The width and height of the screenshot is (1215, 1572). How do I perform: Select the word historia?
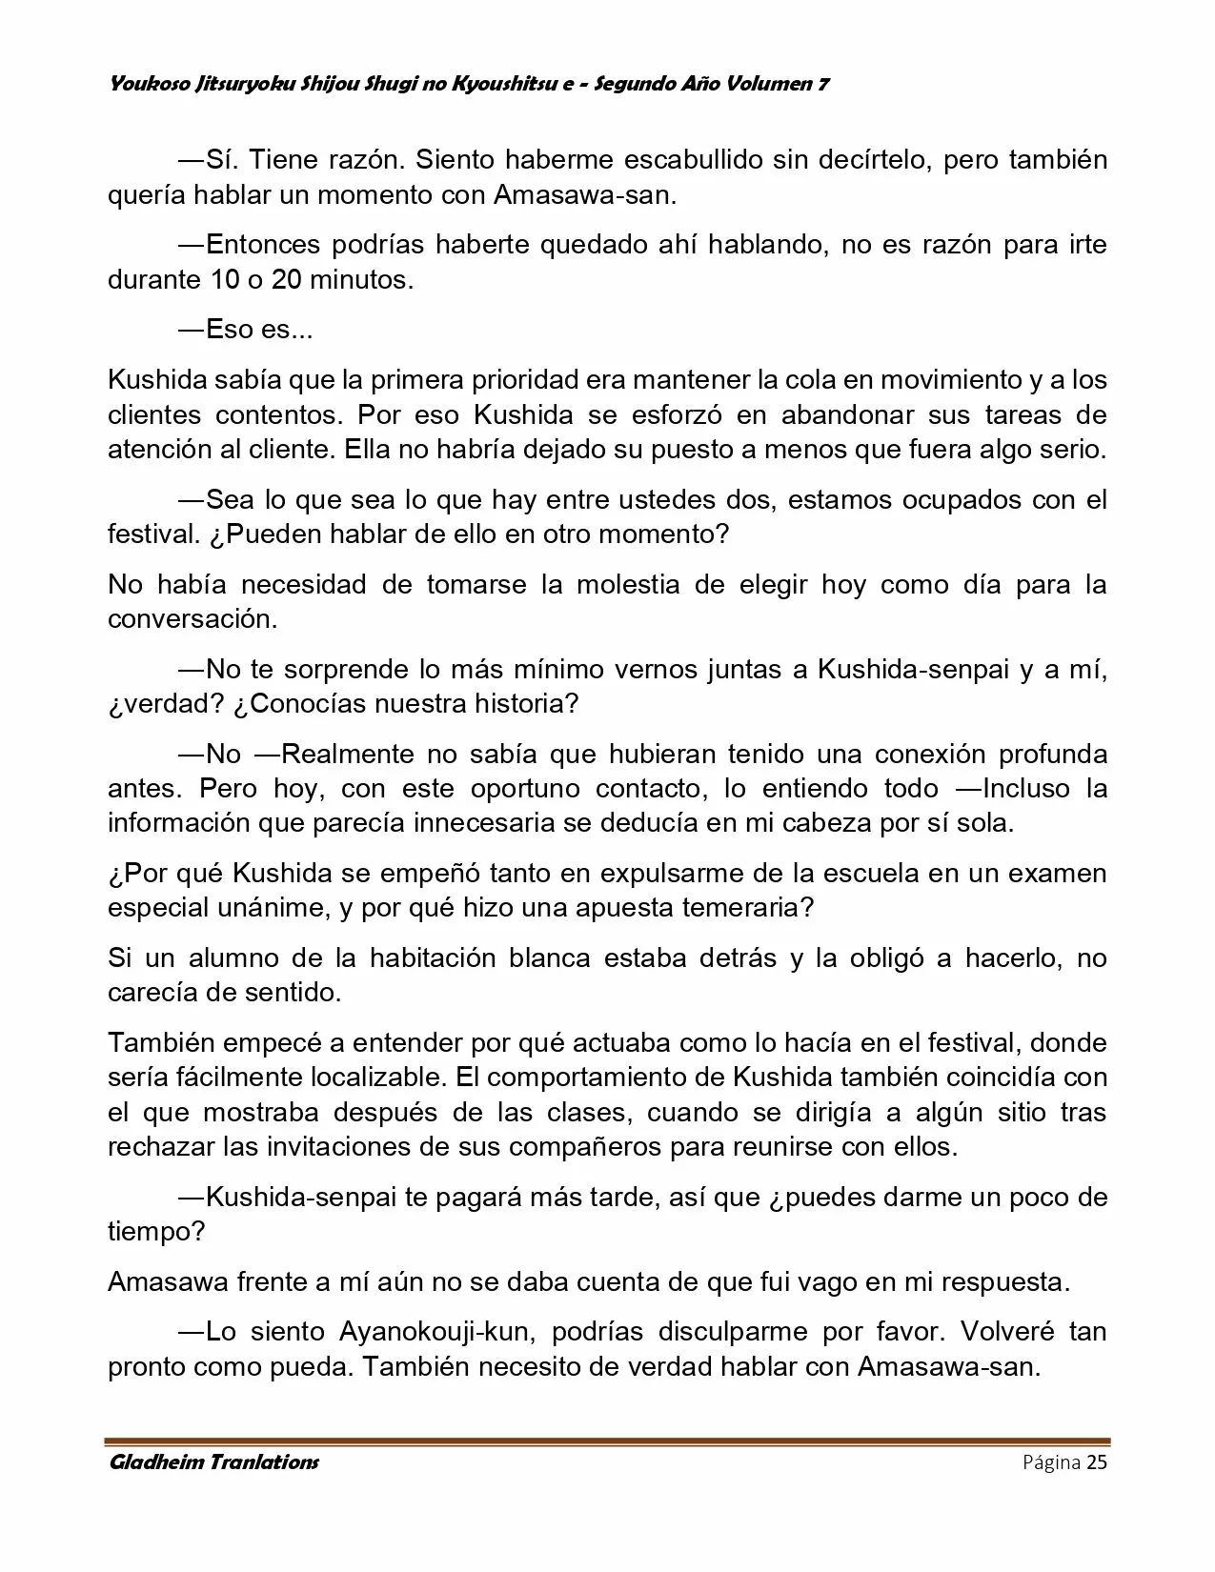523,703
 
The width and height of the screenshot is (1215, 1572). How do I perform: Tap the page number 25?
1097,1462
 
